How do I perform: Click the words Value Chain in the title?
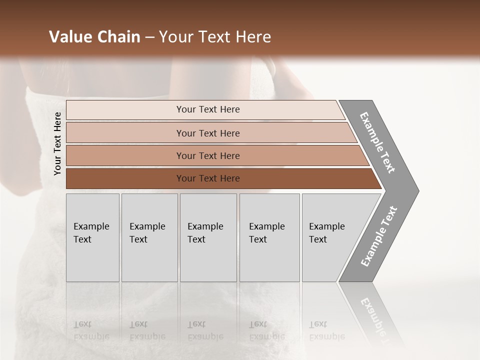pyautogui.click(x=94, y=37)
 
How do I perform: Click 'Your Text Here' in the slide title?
pyautogui.click(x=215, y=37)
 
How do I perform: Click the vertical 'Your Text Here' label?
pyautogui.click(x=57, y=143)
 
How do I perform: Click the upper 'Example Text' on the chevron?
pyautogui.click(x=377, y=142)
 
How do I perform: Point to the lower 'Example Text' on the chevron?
pyautogui.click(x=379, y=236)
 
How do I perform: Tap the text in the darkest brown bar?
pyautogui.click(x=208, y=178)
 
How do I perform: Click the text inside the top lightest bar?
pyautogui.click(x=208, y=109)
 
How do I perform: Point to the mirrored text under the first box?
pyautogui.click(x=91, y=330)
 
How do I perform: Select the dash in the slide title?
pyautogui.click(x=149, y=37)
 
